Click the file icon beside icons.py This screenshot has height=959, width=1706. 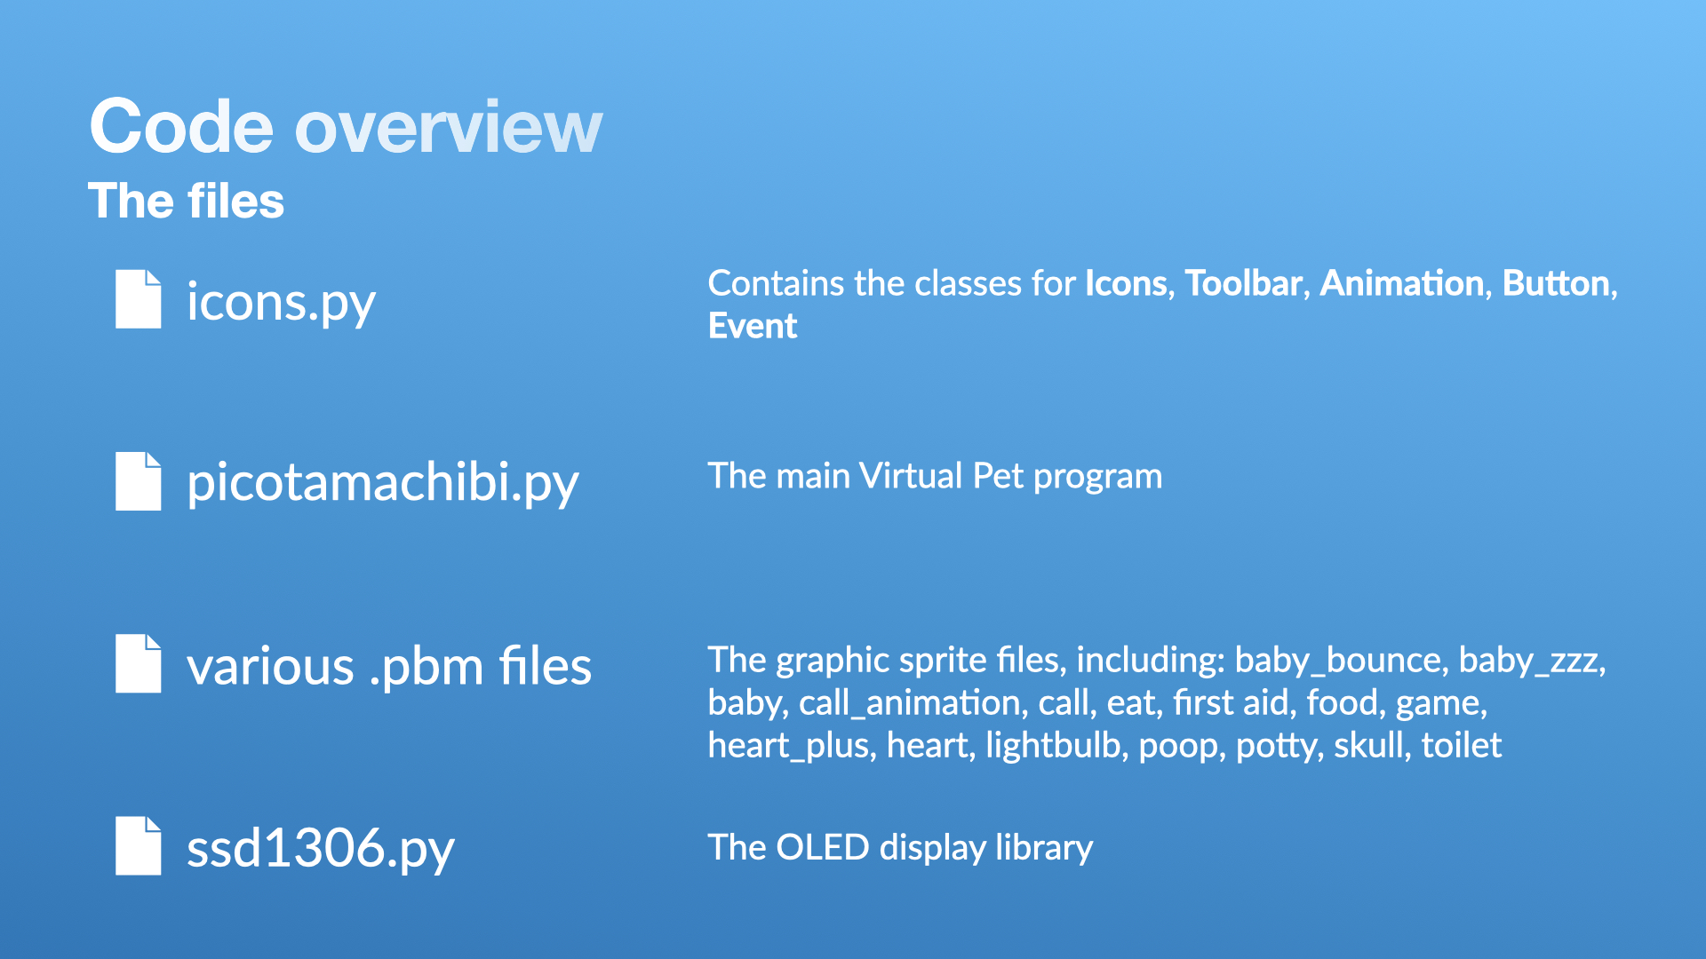coord(139,299)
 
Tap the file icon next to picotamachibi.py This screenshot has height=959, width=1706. coord(139,481)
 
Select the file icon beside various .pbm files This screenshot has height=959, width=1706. coord(139,663)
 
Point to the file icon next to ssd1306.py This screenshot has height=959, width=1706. coord(139,845)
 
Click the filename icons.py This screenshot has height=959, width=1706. coord(281,303)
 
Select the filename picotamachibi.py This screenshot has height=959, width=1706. coord(383,484)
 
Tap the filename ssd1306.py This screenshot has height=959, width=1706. coord(321,848)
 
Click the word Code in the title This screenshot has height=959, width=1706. coord(181,127)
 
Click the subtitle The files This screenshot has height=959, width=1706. coord(187,201)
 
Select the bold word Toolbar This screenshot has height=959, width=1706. coord(1244,283)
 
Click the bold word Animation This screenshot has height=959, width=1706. coord(1402,283)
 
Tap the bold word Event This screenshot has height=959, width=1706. coord(753,326)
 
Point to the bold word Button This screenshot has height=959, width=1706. coord(1557,283)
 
